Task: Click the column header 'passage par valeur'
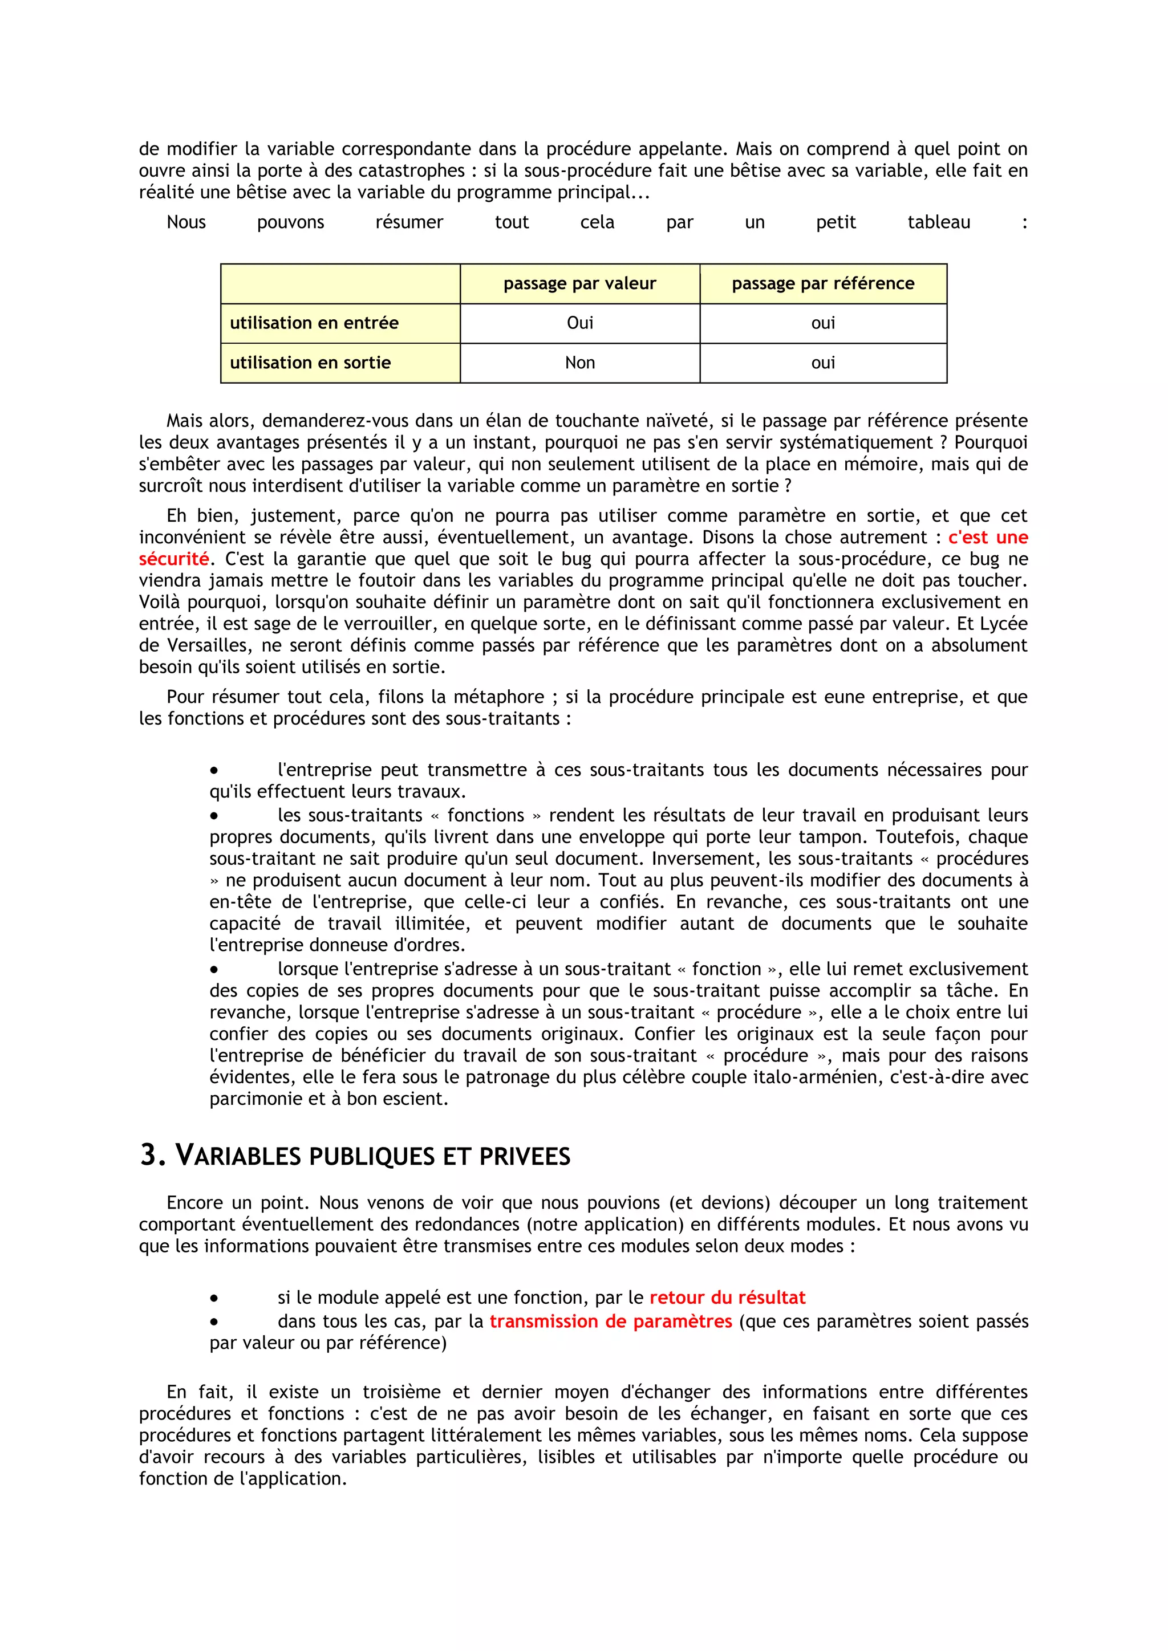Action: coord(579,283)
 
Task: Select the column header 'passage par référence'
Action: coord(823,283)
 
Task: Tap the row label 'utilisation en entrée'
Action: coord(314,323)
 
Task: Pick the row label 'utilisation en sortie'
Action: coord(310,363)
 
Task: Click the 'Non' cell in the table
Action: coord(579,363)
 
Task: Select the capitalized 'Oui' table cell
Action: coord(579,323)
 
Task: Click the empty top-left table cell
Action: coord(340,283)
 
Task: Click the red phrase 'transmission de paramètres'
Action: coord(611,1321)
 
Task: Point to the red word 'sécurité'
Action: coord(173,559)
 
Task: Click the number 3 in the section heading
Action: coord(149,1156)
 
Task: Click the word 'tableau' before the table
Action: coord(939,222)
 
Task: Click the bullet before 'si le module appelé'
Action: coord(214,1299)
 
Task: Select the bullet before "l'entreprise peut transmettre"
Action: coord(214,771)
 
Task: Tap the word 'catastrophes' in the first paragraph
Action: coord(405,171)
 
